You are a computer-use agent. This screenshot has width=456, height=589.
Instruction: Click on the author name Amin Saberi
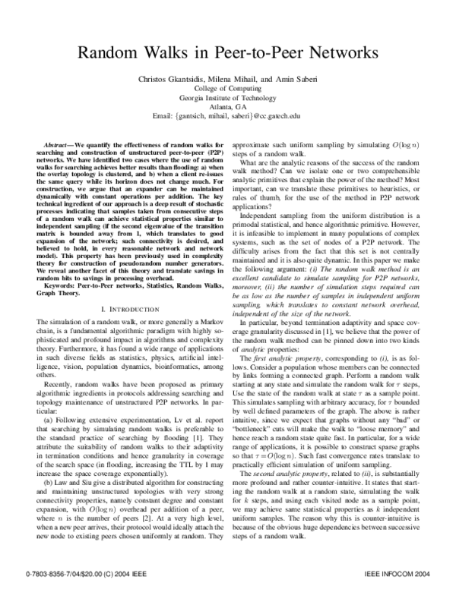293,80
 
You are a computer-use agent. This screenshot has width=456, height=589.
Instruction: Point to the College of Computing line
227,89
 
